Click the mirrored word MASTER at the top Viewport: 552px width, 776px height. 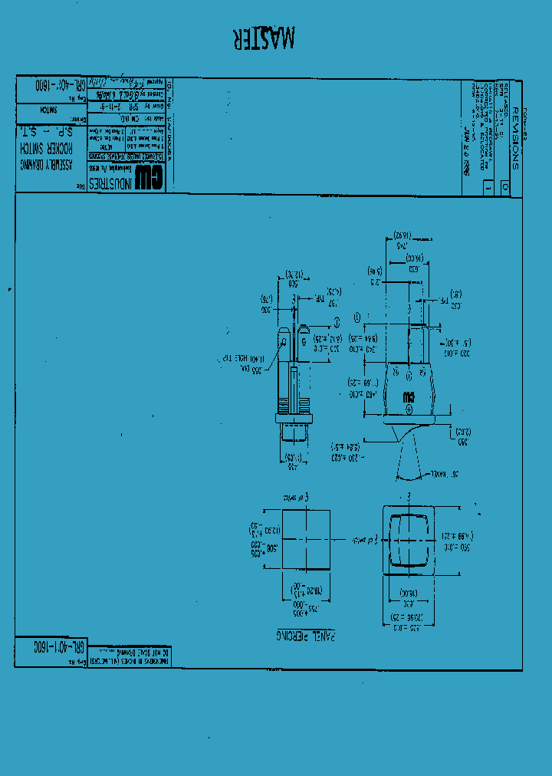click(263, 38)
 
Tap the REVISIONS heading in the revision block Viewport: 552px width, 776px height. click(514, 138)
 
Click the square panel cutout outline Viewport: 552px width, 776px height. click(307, 540)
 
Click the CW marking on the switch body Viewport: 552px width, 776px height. click(409, 398)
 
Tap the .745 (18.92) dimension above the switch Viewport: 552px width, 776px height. click(402, 241)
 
